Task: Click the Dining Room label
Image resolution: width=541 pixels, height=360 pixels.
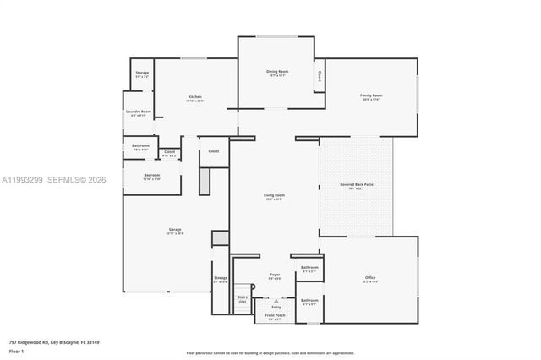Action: coord(276,72)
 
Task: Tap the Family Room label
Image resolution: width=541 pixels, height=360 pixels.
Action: coord(372,95)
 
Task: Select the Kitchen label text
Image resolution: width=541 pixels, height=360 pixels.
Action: coord(194,97)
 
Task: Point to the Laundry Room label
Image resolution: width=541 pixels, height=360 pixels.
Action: coord(139,112)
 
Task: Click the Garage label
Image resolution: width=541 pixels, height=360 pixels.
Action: coord(175,230)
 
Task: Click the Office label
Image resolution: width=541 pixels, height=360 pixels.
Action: coord(370,277)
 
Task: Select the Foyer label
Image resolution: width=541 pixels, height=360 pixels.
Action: coord(275,275)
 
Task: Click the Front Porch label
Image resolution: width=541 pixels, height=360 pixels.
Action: coord(275,315)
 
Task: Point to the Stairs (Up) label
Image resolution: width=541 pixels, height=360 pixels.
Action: coord(242,299)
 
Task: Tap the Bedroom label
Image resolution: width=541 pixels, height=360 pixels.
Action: coord(140,175)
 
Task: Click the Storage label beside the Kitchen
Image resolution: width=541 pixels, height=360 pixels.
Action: coord(142,73)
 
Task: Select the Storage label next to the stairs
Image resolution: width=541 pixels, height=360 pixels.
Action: coord(221,278)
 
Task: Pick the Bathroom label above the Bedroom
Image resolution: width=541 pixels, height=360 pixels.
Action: coord(140,146)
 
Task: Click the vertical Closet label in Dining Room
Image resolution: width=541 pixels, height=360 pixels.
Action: coord(319,76)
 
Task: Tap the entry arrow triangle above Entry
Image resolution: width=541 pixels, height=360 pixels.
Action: coord(276,299)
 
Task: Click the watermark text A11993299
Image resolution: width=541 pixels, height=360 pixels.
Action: coord(21,180)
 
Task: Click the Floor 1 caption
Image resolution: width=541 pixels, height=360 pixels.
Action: coord(16,351)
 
